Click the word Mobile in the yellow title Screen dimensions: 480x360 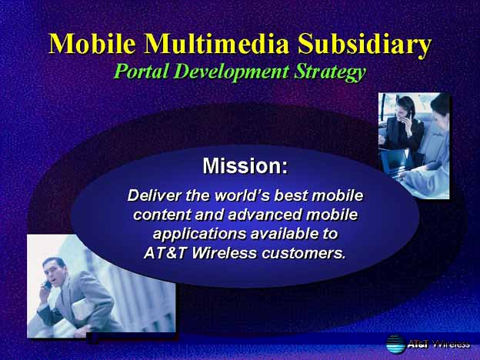[x=92, y=44]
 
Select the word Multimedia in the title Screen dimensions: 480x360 [x=217, y=44]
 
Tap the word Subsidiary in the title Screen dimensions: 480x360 [x=365, y=45]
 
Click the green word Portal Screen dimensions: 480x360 [x=141, y=72]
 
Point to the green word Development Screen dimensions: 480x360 [x=232, y=73]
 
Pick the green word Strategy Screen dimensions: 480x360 [x=330, y=73]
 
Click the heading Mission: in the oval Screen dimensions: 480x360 [x=245, y=165]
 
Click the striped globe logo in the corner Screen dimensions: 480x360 [x=395, y=345]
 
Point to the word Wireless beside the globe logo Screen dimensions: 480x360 [x=452, y=344]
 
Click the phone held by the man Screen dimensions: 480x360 [x=48, y=285]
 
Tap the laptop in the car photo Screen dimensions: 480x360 [x=394, y=160]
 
